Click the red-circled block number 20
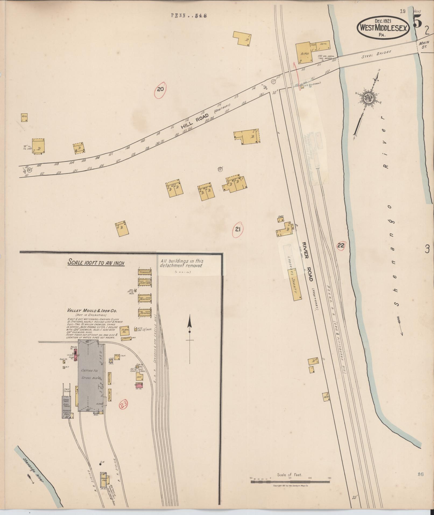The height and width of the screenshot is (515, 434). [160, 89]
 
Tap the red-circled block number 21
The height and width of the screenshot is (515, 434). [238, 229]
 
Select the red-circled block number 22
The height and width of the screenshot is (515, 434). [341, 245]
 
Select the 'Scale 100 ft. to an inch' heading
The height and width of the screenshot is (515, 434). [96, 262]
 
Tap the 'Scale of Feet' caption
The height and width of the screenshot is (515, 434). [290, 475]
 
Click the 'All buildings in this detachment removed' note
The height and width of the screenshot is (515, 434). [182, 263]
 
